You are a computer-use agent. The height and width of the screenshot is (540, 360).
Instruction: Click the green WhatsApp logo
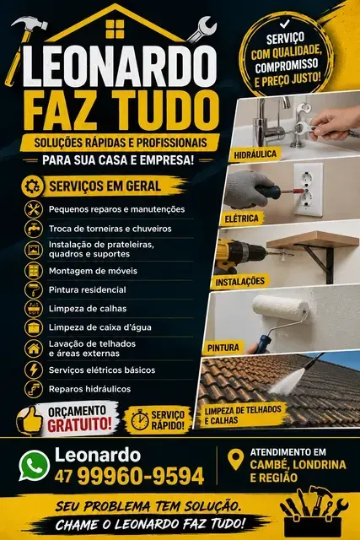(x=34, y=466)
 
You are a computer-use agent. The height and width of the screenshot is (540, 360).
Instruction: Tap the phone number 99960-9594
(x=141, y=476)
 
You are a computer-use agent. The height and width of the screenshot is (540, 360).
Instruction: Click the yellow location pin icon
(x=236, y=459)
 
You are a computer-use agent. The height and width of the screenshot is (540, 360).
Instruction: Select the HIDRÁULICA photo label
(x=255, y=154)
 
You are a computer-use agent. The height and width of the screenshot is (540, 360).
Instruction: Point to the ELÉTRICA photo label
(x=241, y=219)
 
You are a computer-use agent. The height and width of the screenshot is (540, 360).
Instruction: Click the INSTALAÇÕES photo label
(x=240, y=282)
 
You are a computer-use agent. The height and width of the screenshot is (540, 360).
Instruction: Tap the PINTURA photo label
(x=223, y=348)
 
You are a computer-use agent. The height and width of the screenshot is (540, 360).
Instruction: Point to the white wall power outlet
(x=308, y=190)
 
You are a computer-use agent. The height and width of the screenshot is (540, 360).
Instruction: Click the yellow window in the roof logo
(x=115, y=30)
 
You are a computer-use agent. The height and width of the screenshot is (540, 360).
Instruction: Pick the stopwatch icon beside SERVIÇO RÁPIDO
(x=140, y=419)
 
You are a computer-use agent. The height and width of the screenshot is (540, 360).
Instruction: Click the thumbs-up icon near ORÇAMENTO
(x=30, y=420)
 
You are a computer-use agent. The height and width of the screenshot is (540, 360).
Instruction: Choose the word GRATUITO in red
(x=79, y=424)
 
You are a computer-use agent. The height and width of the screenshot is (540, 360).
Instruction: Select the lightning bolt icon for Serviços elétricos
(x=34, y=370)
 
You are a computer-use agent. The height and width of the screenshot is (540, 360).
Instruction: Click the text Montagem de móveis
(x=93, y=271)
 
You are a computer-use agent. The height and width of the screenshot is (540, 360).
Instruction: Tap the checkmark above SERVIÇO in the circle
(x=285, y=24)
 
